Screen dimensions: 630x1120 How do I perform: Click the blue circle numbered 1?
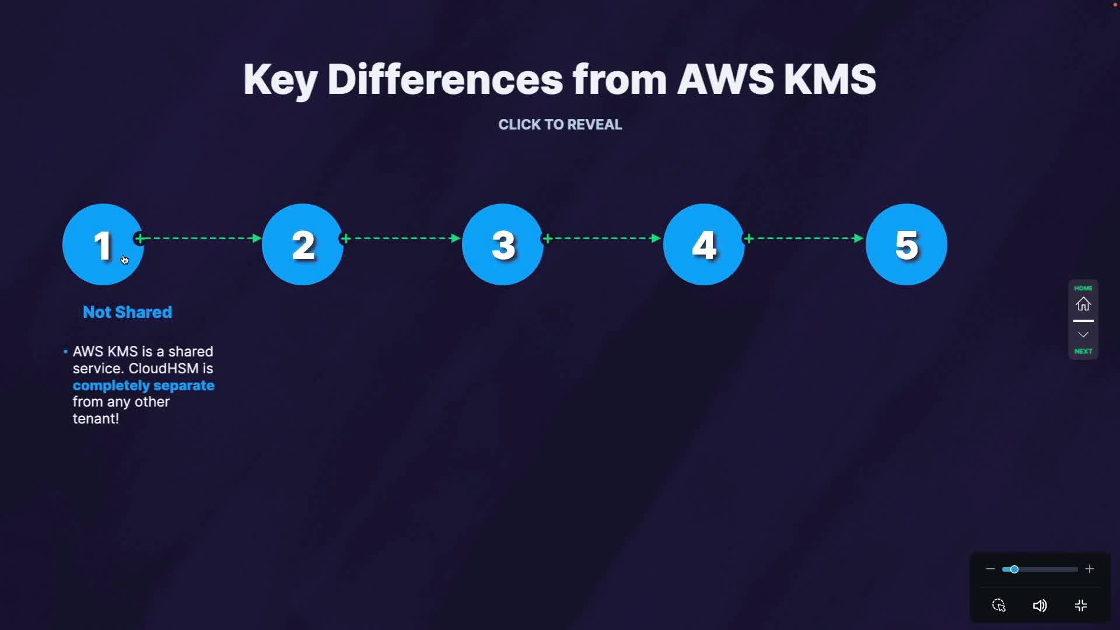[x=103, y=244]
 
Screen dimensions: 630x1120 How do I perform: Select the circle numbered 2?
[x=303, y=244]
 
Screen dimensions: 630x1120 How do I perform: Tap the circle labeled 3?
[x=503, y=244]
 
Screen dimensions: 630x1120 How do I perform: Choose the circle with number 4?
[x=704, y=244]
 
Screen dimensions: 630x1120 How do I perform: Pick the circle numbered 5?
[x=907, y=244]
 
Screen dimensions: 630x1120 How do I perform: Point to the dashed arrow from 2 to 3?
[x=401, y=238]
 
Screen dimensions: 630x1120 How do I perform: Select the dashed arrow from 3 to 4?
[x=603, y=238]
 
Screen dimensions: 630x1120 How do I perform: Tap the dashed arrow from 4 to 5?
[x=804, y=238]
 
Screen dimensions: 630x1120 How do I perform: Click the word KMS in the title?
[x=829, y=79]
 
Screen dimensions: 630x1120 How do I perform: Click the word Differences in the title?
[x=444, y=79]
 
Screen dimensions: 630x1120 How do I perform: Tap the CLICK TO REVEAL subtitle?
[x=560, y=124]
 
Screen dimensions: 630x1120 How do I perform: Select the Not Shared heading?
[x=127, y=312]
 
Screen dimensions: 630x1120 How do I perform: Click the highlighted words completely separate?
[x=143, y=386]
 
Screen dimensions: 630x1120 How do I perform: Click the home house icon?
[x=1083, y=304]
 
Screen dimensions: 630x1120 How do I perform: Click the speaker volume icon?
[x=1039, y=605]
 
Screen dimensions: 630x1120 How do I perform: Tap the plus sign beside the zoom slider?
[x=1090, y=569]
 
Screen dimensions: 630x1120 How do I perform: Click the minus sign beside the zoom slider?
[x=990, y=569]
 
